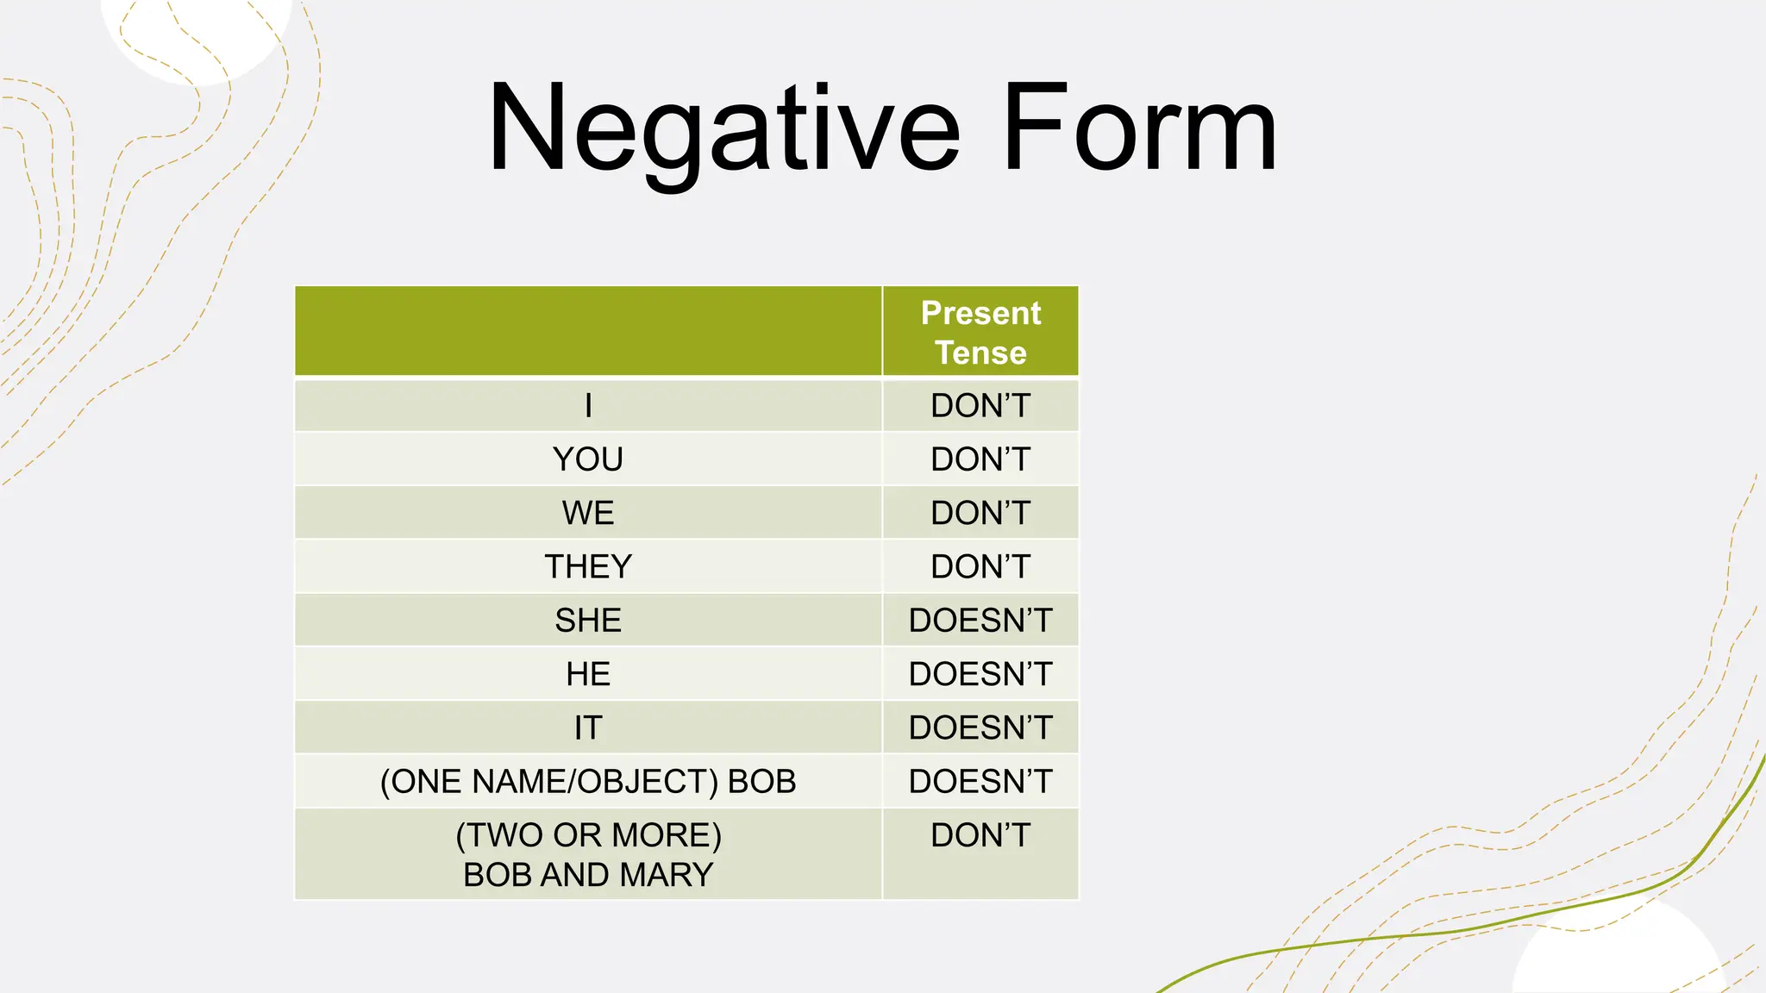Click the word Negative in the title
723,129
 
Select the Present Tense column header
980,333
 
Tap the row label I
588,405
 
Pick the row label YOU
588,459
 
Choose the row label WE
588,513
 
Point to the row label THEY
588,566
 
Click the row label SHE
588,621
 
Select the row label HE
588,674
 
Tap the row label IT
588,728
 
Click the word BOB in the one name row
762,782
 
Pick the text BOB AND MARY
588,875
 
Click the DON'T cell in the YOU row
980,459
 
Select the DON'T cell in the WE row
980,513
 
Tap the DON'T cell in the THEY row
980,566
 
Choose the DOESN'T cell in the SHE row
980,621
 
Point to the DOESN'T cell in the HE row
980,674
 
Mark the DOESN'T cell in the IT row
980,728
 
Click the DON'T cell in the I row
980,405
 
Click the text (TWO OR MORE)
588,835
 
